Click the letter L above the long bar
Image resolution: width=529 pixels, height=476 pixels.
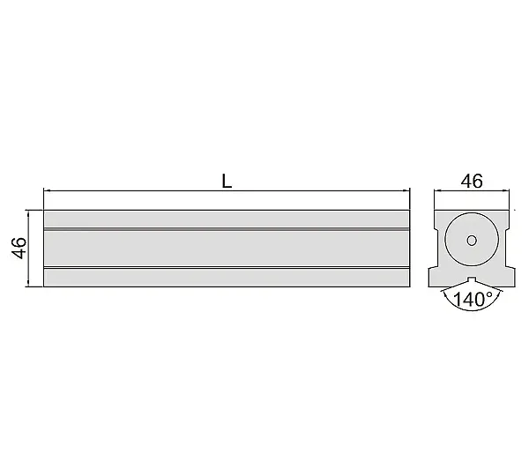[227, 182]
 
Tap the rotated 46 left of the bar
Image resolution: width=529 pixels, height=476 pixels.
[19, 249]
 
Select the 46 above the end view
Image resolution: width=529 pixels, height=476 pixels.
[472, 182]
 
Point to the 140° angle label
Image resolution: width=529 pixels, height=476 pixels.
[473, 299]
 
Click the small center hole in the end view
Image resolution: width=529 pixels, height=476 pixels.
[472, 241]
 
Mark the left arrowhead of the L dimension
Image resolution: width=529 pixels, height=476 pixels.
[48, 190]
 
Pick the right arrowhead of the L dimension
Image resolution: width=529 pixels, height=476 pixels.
[406, 190]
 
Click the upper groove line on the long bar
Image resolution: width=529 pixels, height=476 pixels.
[227, 229]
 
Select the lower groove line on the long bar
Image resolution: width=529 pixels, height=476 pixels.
[227, 268]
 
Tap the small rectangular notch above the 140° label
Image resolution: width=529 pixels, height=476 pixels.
[472, 279]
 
